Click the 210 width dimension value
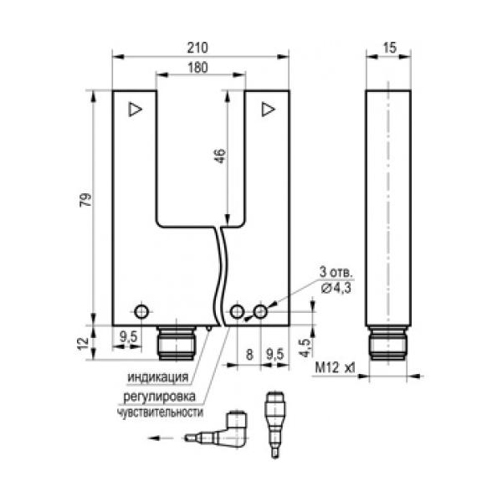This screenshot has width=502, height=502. pyautogui.click(x=197, y=48)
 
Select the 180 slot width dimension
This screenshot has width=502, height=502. pyautogui.click(x=197, y=68)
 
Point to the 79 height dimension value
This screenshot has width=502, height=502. pyautogui.click(x=85, y=200)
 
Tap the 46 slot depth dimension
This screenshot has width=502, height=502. pyautogui.click(x=220, y=156)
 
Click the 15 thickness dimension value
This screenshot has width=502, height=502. pyautogui.click(x=390, y=48)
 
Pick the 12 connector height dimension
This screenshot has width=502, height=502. pyautogui.click(x=83, y=343)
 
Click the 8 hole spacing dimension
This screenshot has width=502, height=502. pyautogui.click(x=249, y=355)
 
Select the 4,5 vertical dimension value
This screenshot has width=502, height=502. pyautogui.click(x=305, y=347)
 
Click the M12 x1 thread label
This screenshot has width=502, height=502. pyautogui.click(x=335, y=367)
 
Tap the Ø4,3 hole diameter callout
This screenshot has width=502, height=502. pyautogui.click(x=336, y=288)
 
